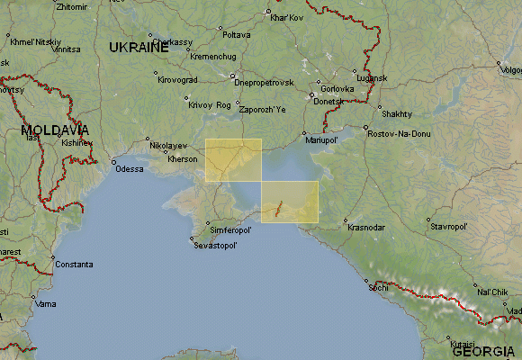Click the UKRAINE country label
(x=139, y=48)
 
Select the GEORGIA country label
(x=484, y=351)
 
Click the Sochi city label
(x=382, y=289)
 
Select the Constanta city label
(x=73, y=265)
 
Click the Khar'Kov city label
(x=287, y=17)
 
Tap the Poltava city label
(x=236, y=35)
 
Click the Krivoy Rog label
(x=210, y=104)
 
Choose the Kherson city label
(x=183, y=159)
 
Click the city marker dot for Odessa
(x=113, y=162)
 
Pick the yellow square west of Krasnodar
(x=289, y=201)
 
